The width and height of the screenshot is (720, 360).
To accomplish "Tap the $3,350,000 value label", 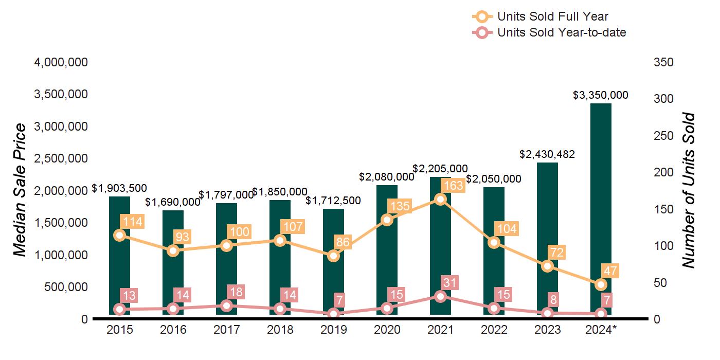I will click(x=601, y=95).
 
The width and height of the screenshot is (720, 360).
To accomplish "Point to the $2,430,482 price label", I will click(x=547, y=154).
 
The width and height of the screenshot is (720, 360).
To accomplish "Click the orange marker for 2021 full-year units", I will click(x=440, y=199).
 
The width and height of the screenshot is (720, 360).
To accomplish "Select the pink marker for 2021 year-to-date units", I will click(x=440, y=296).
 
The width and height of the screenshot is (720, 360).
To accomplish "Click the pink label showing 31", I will click(x=449, y=282).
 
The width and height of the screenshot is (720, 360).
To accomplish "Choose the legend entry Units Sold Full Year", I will click(x=552, y=17).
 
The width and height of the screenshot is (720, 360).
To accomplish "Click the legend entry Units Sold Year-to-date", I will click(x=561, y=32).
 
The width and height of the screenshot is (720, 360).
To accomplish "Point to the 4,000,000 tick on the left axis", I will click(x=61, y=62).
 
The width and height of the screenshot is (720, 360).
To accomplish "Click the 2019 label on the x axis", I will click(x=333, y=330).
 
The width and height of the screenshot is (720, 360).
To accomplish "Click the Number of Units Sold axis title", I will click(x=688, y=190).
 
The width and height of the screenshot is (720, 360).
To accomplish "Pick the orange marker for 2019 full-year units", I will click(x=333, y=256).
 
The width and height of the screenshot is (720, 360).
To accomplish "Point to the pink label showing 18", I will click(x=236, y=292).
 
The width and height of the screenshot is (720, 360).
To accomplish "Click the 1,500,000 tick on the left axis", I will click(x=61, y=223).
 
